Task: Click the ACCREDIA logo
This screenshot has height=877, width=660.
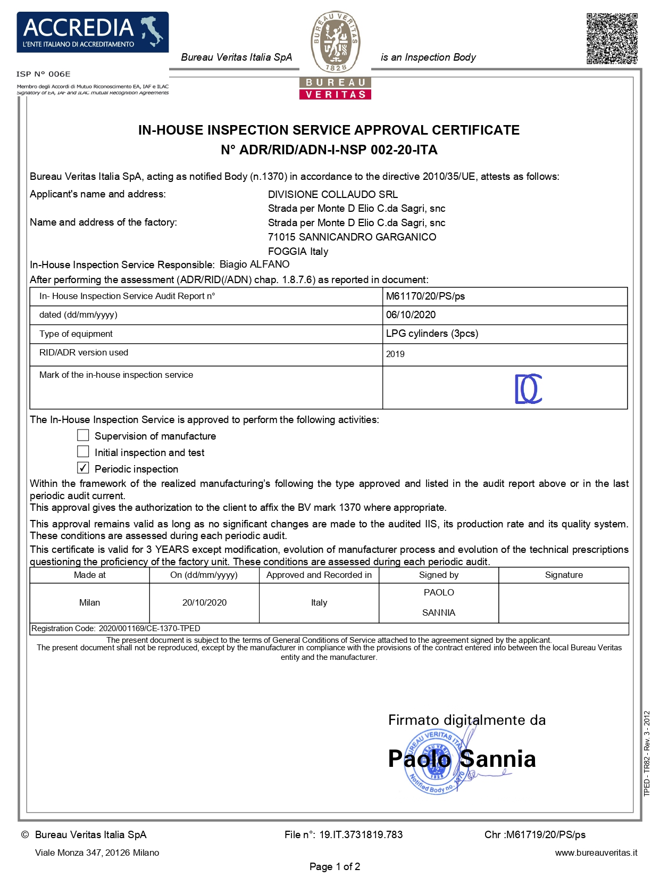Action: point(93,32)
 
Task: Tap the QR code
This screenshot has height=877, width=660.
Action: point(612,38)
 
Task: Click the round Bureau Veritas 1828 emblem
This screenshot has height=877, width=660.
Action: point(336,42)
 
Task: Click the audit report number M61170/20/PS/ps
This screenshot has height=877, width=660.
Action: point(425,296)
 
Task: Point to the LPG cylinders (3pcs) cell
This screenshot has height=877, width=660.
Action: point(432,334)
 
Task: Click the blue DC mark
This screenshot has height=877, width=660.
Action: point(528,388)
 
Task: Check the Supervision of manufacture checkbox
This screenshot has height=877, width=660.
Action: point(83,435)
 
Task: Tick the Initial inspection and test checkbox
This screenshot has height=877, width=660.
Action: point(83,452)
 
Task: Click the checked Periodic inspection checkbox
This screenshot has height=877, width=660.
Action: point(83,468)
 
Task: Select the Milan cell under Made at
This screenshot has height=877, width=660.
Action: point(89,602)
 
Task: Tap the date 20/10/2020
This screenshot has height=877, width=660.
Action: point(204,602)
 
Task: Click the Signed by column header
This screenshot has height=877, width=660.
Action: point(439,575)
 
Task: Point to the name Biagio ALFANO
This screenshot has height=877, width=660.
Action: point(255,264)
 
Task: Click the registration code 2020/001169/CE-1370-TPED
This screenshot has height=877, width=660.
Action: point(149,628)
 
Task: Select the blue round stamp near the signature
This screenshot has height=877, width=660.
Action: point(436,761)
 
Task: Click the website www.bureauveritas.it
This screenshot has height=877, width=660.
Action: point(596,853)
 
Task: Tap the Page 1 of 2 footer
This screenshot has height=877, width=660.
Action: point(335,866)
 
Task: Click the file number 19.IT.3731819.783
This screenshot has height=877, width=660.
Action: point(361,834)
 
